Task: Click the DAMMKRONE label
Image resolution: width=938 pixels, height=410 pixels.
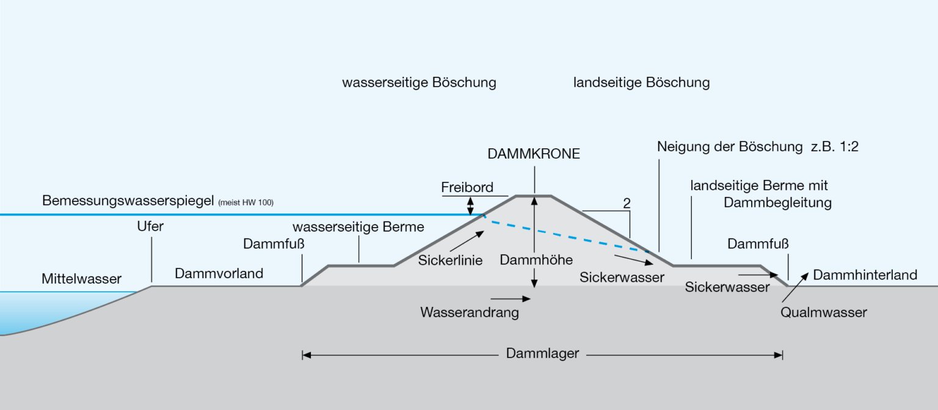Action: pos(534,154)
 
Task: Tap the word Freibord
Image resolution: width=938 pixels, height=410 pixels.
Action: pos(467,187)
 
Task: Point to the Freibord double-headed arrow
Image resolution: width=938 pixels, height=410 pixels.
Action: pos(470,206)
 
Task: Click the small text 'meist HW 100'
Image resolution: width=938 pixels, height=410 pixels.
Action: pos(245,203)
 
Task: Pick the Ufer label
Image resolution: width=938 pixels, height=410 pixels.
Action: pos(150,226)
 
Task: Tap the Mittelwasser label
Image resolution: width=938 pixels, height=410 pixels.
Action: pos(81,279)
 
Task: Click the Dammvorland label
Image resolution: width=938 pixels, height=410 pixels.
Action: pos(219,273)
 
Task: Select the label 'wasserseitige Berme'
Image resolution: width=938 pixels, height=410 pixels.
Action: pos(358,228)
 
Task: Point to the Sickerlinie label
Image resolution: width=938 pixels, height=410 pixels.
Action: pos(451,261)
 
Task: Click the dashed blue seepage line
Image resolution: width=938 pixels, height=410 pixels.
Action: pos(568,234)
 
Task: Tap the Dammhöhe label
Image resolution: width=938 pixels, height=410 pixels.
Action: pos(536,260)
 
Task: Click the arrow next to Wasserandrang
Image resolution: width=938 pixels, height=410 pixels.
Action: pos(511,298)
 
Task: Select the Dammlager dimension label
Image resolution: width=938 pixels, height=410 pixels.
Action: pos(542,353)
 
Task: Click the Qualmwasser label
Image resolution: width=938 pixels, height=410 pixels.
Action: pos(823,312)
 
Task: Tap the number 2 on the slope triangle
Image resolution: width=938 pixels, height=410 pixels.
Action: pos(627,204)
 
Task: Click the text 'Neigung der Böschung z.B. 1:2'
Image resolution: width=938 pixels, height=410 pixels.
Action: pos(758,146)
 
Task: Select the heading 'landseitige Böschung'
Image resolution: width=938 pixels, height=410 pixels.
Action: pos(641,82)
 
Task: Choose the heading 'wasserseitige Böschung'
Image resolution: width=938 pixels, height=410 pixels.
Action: pos(419,82)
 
